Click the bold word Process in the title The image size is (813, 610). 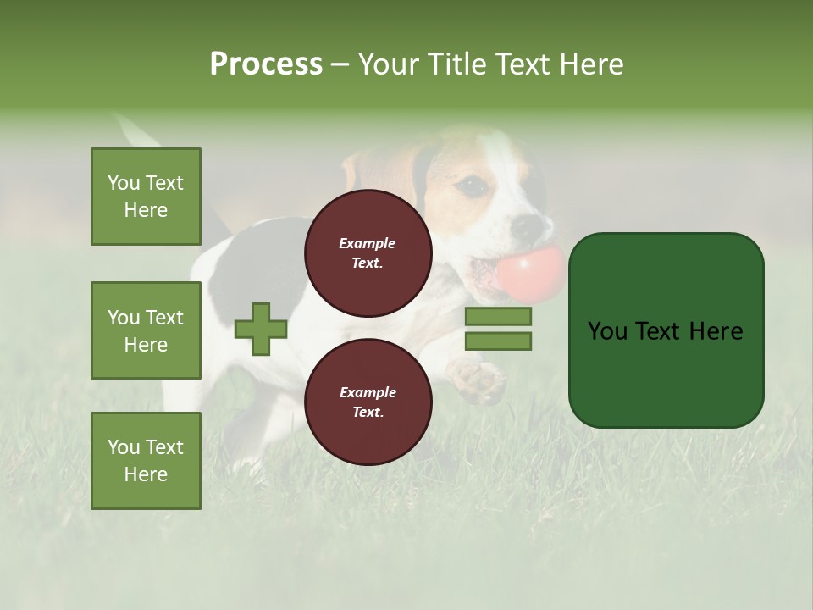266,64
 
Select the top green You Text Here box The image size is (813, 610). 146,197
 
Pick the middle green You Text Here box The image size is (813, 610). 146,330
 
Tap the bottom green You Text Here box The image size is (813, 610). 146,460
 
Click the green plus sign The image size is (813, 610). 261,330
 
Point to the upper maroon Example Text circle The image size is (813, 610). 368,253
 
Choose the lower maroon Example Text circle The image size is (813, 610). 368,402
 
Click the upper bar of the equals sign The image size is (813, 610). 498,317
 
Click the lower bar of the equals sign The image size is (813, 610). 498,341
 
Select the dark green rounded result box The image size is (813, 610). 666,330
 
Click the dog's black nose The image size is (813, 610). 528,225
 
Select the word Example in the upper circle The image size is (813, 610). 368,243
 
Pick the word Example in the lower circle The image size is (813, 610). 368,392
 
